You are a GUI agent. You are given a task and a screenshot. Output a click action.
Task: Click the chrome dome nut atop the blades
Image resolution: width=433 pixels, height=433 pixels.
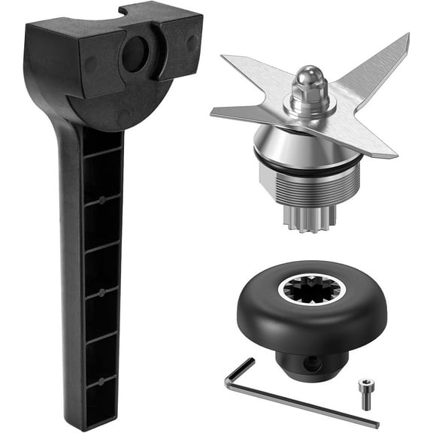click(307, 79)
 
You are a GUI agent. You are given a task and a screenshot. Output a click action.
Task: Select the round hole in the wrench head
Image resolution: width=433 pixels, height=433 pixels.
click(135, 54)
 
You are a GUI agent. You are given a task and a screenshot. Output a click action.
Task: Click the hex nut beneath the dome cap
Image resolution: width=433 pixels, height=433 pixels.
click(307, 101)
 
